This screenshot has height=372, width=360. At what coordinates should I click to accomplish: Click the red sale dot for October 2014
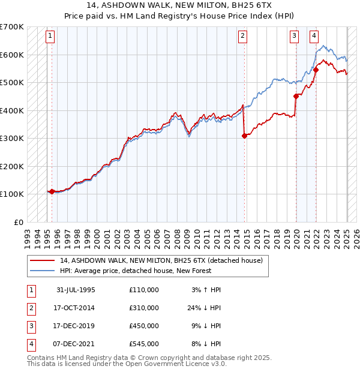(244, 136)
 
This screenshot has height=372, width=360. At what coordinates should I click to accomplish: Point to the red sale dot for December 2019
(296, 96)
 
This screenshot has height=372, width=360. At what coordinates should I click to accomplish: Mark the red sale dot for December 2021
(316, 70)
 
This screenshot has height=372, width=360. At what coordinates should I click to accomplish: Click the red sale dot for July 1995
(52, 192)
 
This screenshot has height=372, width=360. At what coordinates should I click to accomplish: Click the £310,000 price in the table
(144, 308)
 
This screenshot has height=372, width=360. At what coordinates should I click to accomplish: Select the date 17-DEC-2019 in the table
(76, 326)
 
